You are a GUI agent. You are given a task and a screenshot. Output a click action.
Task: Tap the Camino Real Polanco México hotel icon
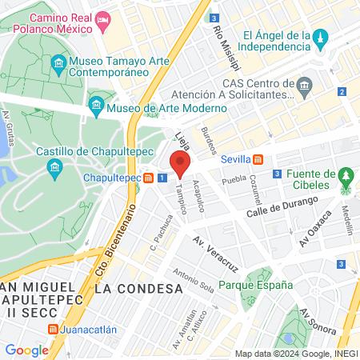102,18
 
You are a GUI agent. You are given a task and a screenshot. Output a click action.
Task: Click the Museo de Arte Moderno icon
96,103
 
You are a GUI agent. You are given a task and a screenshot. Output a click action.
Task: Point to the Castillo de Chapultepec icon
54,166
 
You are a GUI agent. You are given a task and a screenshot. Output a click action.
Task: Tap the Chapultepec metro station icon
148,178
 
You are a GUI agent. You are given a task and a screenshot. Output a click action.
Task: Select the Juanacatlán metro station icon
52,329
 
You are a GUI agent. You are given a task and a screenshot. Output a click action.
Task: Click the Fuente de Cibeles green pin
346,175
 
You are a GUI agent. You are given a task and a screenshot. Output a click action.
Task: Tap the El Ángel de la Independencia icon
320,37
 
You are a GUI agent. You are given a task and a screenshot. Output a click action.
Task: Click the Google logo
26,350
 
